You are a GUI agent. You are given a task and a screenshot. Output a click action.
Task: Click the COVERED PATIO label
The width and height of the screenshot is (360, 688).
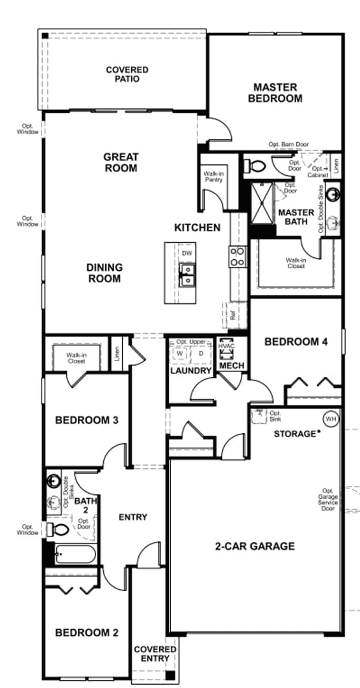coord(127,74)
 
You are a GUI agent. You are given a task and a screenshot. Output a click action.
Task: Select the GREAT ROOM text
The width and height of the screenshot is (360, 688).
coord(120,162)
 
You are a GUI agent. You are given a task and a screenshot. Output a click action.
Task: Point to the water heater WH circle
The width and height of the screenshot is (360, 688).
coord(330,419)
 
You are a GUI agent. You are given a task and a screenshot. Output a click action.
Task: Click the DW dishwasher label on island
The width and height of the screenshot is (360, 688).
coord(187,254)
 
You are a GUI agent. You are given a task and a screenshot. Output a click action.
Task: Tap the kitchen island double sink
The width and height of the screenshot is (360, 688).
coord(187,276)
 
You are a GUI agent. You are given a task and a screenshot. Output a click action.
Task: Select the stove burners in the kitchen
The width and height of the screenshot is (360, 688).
coord(237,256)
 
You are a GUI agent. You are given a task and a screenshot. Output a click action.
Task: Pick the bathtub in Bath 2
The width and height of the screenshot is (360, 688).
coord(74,555)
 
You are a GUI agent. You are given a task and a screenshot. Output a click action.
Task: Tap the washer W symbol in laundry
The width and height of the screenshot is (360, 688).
coord(180,354)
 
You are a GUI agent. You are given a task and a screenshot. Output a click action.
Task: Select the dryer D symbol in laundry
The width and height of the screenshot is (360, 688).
coord(201,354)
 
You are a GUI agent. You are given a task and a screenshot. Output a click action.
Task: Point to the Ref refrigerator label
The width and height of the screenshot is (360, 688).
coord(233,315)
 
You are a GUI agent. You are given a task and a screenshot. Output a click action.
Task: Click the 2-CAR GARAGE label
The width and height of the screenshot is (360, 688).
coord(254,546)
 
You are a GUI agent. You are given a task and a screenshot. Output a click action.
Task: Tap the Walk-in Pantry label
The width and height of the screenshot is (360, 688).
coord(212,176)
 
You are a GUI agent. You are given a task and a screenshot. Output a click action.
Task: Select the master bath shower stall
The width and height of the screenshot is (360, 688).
coord(261,203)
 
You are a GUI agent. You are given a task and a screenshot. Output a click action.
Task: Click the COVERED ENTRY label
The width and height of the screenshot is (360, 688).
coord(152,654)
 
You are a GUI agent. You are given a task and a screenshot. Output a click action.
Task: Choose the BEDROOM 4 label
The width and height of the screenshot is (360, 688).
coord(296,342)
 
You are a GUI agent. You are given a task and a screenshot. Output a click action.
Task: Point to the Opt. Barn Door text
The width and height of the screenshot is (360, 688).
coord(288,145)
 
